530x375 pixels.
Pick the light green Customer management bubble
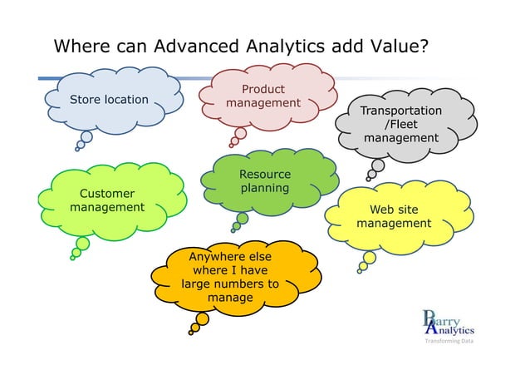pos(108,200)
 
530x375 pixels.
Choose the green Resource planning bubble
pos(266,180)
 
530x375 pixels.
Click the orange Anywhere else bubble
pos(230,277)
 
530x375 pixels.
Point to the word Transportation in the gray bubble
pos(401,111)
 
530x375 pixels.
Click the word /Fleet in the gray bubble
pos(401,124)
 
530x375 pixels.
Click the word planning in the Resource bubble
pos(265,188)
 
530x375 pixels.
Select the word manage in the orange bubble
pos(230,297)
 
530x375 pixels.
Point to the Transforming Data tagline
pos(449,342)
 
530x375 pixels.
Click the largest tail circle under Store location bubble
pos(86,137)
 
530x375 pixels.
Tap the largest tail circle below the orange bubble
pos(202,319)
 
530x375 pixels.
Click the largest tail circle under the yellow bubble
pos(369,258)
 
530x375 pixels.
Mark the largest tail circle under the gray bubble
pos(377,165)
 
